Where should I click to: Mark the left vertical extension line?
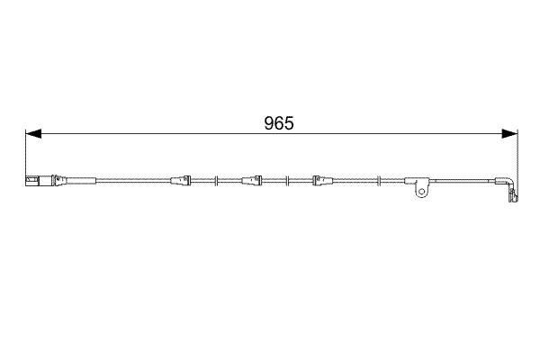[x=24, y=153]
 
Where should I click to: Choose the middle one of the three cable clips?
[x=251, y=180]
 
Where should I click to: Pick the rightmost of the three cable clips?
[x=319, y=180]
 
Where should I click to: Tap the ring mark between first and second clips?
[x=217, y=180]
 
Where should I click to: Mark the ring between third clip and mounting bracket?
[x=380, y=180]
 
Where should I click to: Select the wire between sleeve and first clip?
[x=135, y=180]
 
